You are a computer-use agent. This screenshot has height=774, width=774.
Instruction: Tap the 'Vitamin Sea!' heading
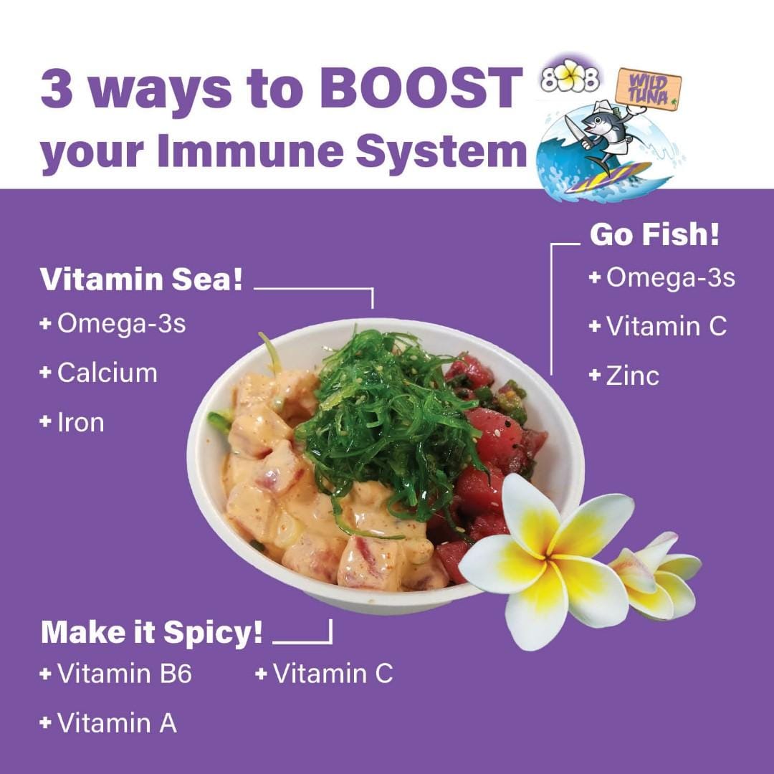(141, 279)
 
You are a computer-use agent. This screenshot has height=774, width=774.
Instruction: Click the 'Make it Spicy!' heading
(151, 632)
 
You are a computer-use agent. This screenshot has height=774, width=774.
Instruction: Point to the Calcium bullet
(99, 373)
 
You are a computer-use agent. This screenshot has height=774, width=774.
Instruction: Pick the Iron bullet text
(72, 423)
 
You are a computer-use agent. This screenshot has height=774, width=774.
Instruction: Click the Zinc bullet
(624, 376)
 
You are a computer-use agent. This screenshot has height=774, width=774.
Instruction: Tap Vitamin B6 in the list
(115, 674)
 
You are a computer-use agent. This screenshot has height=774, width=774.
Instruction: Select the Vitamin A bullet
(108, 723)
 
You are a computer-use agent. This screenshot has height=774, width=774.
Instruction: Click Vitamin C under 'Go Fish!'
(658, 326)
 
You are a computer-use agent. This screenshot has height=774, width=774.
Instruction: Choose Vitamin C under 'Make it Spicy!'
(325, 674)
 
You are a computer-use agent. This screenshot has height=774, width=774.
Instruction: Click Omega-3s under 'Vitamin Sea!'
(113, 324)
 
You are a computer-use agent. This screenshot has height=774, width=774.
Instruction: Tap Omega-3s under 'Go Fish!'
(662, 277)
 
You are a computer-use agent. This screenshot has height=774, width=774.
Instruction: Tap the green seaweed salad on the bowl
(390, 424)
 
